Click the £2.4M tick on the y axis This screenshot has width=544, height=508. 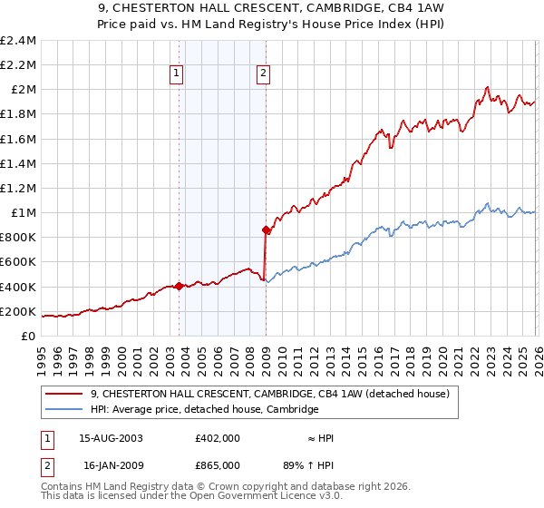point(20,41)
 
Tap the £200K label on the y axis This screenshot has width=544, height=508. point(20,311)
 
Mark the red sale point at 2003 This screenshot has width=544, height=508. point(179,287)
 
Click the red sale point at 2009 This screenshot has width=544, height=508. point(266,230)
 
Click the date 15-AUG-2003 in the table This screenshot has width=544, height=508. point(111,438)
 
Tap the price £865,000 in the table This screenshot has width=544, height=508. point(217,464)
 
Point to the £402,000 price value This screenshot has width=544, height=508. point(217,438)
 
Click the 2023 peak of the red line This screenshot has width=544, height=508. point(487,87)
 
